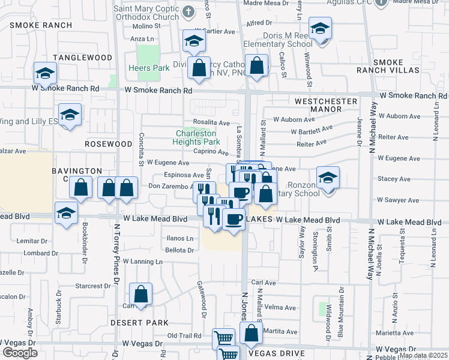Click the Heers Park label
click(x=149, y=68)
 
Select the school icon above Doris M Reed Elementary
click(x=320, y=29)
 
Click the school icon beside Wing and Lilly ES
click(x=70, y=115)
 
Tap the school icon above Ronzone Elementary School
click(x=328, y=178)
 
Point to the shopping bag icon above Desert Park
click(x=140, y=295)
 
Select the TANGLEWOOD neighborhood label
click(x=82, y=58)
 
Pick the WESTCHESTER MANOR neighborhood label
click(x=326, y=106)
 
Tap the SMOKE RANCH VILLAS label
click(x=396, y=66)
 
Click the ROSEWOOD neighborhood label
click(x=108, y=145)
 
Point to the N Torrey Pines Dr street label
click(x=116, y=252)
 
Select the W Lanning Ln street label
click(x=143, y=262)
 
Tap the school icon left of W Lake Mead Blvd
click(x=65, y=213)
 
